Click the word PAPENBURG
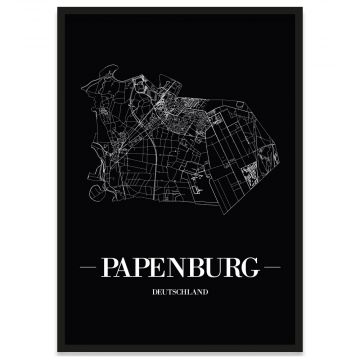[180, 268]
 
